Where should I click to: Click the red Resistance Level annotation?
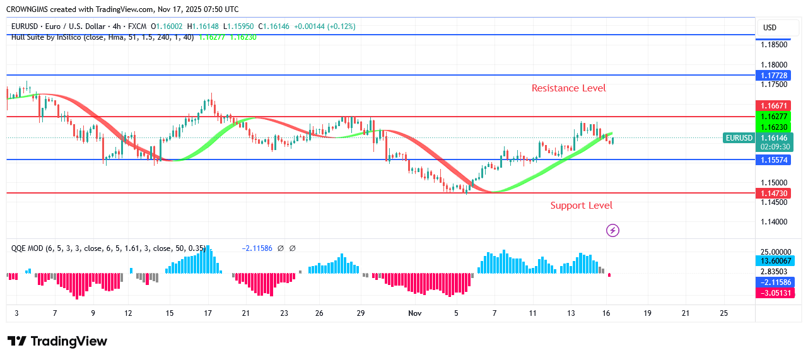[568, 88]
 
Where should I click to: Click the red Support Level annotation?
[581, 206]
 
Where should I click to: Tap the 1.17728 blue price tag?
[773, 76]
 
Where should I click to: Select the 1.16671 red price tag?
[773, 105]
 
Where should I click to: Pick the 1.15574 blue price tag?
[773, 160]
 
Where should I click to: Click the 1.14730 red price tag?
[773, 194]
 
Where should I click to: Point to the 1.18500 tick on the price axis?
[773, 45]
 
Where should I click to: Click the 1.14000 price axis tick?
[773, 222]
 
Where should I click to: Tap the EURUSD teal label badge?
[739, 138]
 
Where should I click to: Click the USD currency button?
[770, 28]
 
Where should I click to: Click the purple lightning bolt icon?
[612, 231]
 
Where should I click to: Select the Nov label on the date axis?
[414, 313]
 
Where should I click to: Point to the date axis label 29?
[361, 313]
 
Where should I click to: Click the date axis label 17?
[208, 313]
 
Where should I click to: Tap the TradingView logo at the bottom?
[57, 342]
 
